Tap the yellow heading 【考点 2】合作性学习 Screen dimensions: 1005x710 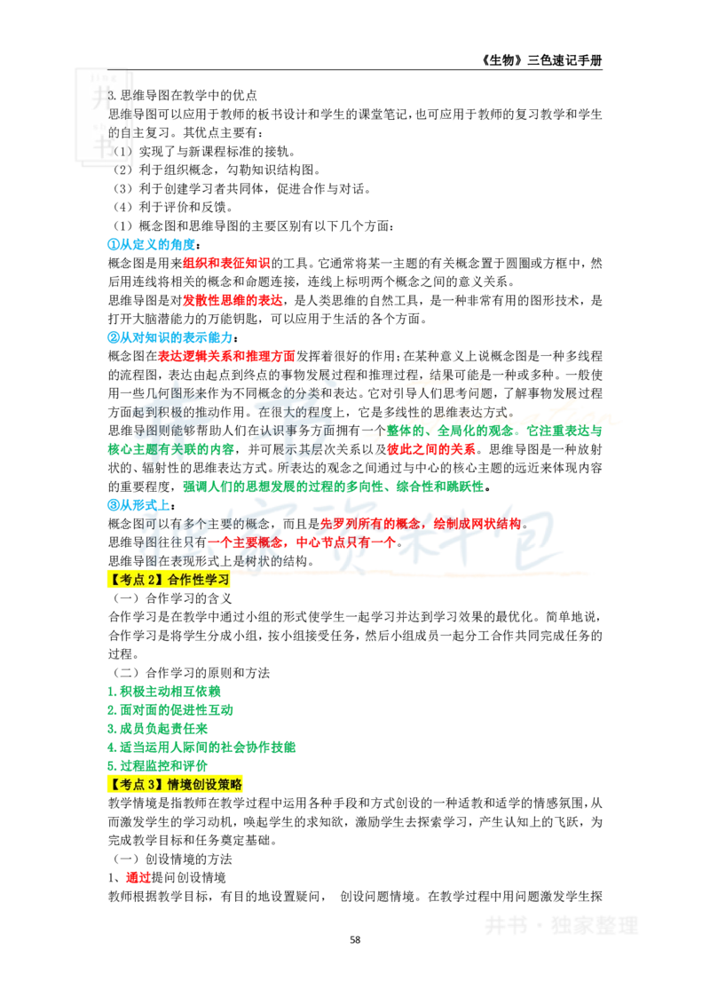point(170,580)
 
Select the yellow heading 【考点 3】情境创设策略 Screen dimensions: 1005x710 point(177,785)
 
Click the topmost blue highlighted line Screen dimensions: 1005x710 point(151,243)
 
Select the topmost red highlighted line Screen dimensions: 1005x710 point(225,263)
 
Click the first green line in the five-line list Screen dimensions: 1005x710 point(164,691)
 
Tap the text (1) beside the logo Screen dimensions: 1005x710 point(122,152)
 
